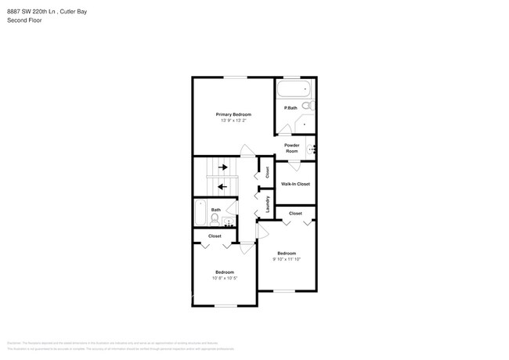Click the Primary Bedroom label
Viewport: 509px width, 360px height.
point(233,114)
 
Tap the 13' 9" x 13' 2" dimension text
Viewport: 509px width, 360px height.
point(233,121)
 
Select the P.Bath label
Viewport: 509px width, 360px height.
point(291,108)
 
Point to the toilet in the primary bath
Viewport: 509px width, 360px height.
point(308,106)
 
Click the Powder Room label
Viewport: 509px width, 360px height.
point(291,148)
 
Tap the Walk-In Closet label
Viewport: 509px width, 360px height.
point(295,184)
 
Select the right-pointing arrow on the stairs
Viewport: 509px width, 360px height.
point(223,167)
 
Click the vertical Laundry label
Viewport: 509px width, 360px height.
point(267,204)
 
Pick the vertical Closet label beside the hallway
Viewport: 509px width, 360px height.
point(267,172)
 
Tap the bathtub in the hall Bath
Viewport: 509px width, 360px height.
point(200,211)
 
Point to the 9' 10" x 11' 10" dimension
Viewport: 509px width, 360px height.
point(287,259)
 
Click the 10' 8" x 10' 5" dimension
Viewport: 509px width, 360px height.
point(225,279)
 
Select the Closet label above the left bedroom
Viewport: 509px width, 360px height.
point(215,236)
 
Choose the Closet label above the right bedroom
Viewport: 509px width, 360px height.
point(295,214)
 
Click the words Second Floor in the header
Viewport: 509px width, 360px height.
point(24,20)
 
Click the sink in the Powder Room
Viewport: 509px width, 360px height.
point(312,147)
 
